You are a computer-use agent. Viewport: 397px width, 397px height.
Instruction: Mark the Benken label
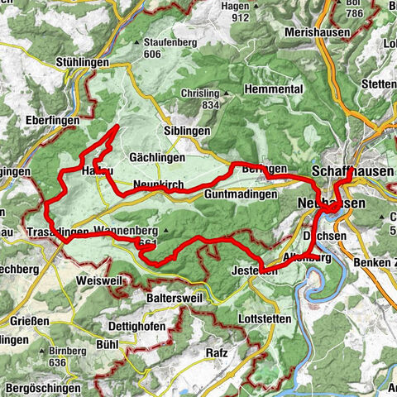pos(369,262)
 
